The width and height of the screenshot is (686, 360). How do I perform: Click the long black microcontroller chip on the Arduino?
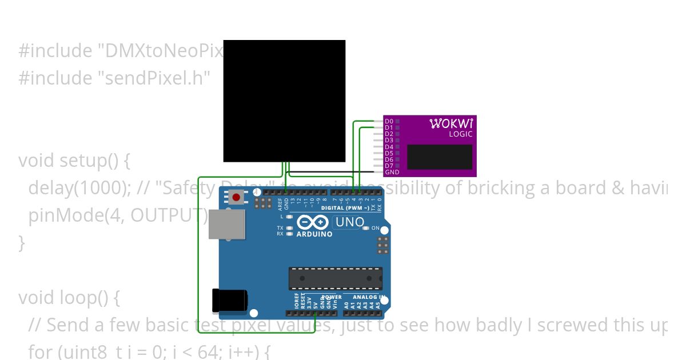coord(335,278)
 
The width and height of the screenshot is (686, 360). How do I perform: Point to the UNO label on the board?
coord(350,222)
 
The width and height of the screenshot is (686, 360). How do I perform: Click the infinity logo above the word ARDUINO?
coord(313,223)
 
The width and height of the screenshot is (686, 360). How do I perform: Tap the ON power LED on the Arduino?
coord(366,228)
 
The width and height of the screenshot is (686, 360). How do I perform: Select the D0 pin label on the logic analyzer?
coord(389,121)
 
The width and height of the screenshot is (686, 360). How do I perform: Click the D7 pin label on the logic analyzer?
coord(389,166)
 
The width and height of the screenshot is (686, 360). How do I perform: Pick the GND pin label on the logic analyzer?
coord(392,172)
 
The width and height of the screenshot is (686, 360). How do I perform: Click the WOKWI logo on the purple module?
coord(450,123)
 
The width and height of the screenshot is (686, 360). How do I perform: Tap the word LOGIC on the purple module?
coord(460,134)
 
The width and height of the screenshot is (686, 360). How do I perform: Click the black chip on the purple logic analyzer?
coord(440,157)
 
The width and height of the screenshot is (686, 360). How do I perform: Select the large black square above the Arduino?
coord(284,101)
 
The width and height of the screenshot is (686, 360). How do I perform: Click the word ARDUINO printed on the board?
coord(314,234)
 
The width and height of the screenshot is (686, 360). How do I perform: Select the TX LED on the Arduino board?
coord(290,227)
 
